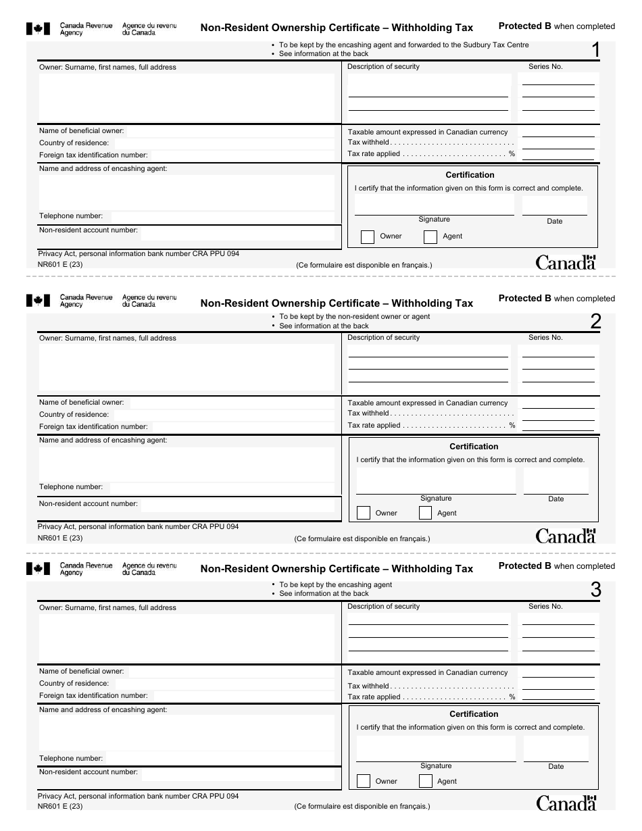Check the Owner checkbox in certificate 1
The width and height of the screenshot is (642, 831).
(368, 236)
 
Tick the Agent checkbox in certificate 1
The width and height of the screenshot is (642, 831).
(430, 236)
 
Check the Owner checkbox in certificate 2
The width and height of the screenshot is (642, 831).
(363, 513)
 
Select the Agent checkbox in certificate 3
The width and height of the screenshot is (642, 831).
(426, 781)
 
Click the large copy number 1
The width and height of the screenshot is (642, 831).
(595, 50)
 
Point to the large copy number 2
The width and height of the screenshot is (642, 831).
(595, 322)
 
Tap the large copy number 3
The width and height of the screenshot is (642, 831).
(595, 590)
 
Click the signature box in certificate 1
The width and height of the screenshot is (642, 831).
(434, 205)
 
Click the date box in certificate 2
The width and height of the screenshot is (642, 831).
(555, 481)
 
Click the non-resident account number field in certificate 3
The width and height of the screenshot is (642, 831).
(237, 772)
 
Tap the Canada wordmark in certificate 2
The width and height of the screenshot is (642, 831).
(566, 536)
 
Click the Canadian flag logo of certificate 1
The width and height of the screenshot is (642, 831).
(38, 28)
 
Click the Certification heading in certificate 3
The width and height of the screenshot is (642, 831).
(474, 714)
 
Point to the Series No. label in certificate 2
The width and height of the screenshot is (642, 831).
(545, 337)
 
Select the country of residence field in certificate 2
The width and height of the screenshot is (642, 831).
(223, 414)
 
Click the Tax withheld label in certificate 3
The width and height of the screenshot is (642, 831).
(368, 685)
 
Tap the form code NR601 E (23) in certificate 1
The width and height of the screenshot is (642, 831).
(60, 264)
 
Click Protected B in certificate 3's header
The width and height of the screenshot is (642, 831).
(524, 566)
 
